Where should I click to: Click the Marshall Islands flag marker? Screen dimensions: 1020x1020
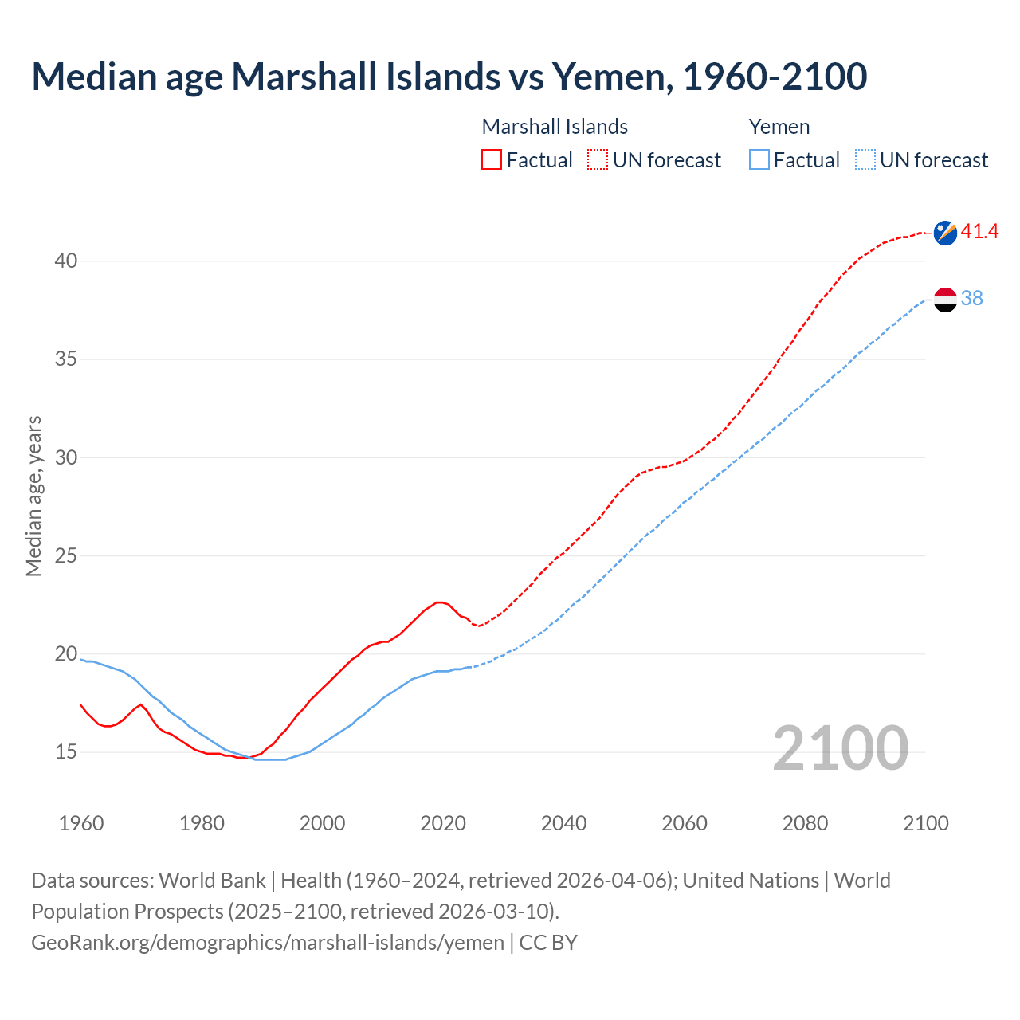point(945,233)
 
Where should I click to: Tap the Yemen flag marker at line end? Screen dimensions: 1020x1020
point(945,300)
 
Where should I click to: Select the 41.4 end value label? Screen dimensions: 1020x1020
point(979,231)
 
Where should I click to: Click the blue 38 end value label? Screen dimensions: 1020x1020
point(972,298)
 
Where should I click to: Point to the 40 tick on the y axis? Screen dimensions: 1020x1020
point(66,261)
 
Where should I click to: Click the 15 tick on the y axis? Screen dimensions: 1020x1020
point(66,751)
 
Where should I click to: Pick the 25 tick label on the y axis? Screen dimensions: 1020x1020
point(66,555)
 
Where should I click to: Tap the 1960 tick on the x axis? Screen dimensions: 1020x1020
point(81,823)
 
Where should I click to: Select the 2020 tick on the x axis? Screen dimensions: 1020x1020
point(443,823)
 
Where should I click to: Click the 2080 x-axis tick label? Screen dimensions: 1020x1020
point(805,823)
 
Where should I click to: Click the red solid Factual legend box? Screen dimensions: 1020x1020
point(492,160)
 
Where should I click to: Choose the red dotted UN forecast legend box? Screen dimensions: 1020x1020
point(598,160)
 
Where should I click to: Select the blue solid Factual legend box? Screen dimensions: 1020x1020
point(759,160)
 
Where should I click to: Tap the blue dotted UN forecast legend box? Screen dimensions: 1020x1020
point(865,160)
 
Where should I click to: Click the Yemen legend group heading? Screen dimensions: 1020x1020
point(779,127)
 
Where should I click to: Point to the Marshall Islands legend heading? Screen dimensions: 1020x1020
point(555,127)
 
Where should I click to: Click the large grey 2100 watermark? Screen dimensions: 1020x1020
point(840,748)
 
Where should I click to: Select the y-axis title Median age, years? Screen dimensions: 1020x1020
point(33,496)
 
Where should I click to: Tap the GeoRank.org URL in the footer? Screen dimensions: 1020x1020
point(267,942)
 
